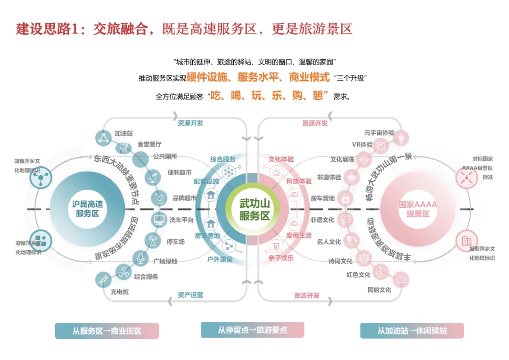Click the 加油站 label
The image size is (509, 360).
[x=123, y=133]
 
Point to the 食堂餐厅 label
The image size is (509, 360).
[x=149, y=144]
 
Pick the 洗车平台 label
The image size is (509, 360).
[x=182, y=219]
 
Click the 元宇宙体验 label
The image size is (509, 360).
[x=379, y=133]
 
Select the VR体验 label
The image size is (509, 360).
[x=362, y=145]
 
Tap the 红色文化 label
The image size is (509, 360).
[x=358, y=275]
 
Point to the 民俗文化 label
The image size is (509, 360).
[x=379, y=289]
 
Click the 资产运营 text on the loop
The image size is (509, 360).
[x=190, y=295]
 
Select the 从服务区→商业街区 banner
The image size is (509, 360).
[x=107, y=331]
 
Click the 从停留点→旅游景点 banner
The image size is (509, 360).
[x=252, y=330]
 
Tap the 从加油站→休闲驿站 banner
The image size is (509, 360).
[x=412, y=331]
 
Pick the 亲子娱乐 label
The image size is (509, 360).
[x=281, y=258]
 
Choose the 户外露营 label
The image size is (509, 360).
[x=220, y=259]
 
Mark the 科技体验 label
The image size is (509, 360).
[x=299, y=181]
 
